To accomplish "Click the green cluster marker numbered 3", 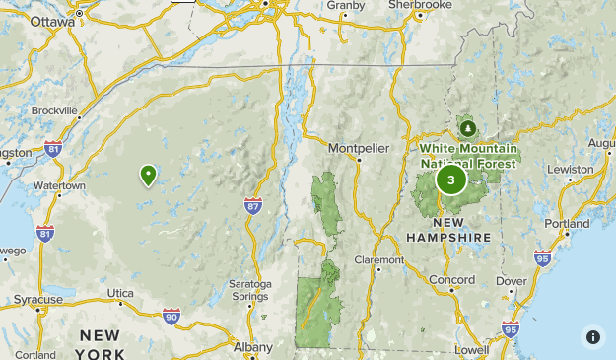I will click(x=451, y=180).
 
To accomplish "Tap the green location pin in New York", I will click(x=149, y=176).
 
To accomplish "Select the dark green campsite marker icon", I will click(x=467, y=127).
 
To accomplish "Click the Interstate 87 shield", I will click(x=253, y=204).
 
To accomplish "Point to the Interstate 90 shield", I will click(x=171, y=316).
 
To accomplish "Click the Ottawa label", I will click(x=52, y=21).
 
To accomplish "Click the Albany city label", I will click(x=253, y=346).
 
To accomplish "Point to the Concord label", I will click(x=452, y=279).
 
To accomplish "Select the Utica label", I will click(x=120, y=293).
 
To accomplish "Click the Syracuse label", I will click(x=38, y=299).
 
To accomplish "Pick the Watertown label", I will click(x=59, y=185).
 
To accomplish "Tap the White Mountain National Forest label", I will click(x=468, y=156).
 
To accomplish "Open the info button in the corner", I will click(x=592, y=336).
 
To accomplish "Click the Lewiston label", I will click(x=571, y=169).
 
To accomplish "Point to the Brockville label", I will click(x=55, y=111).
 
